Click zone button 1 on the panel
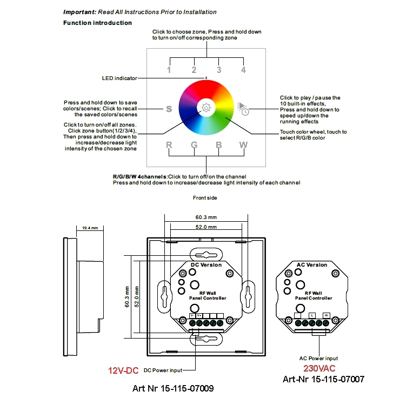(169, 70)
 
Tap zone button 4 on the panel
(243, 70)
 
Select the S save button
(169, 109)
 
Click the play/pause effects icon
(243, 108)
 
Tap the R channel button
(169, 145)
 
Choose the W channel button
(244, 145)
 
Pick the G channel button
(194, 145)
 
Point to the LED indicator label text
(119, 78)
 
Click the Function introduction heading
(97, 23)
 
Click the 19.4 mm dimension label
(89, 228)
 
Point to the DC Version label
(206, 265)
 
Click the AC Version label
(312, 265)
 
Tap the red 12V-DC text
(123, 370)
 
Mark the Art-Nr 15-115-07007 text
(323, 379)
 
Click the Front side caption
(205, 198)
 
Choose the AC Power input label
(318, 358)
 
